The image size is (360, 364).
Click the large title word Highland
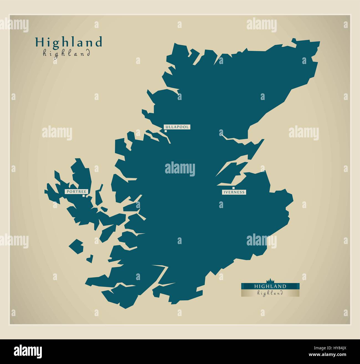click(x=68, y=42)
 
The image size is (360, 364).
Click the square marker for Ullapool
click(x=166, y=131)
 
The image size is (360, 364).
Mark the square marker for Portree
click(x=84, y=196)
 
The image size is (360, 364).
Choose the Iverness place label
click(x=234, y=192)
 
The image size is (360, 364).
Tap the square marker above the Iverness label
click(x=229, y=188)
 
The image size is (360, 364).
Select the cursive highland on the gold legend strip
click(x=270, y=293)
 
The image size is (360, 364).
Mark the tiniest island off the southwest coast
click(x=89, y=259)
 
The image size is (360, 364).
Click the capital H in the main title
click(x=39, y=42)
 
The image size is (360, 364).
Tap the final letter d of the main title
click(x=99, y=42)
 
